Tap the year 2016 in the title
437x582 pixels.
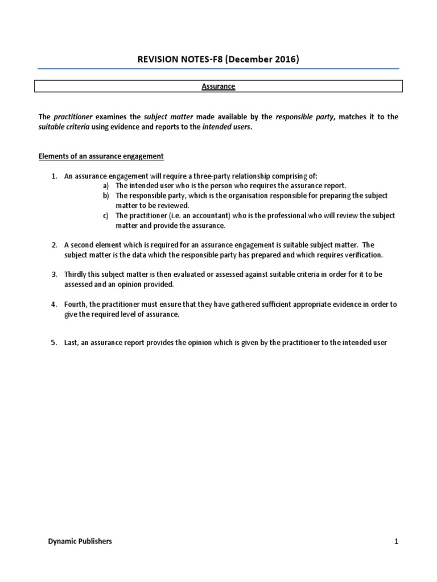pos(283,59)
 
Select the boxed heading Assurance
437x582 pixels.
pos(218,86)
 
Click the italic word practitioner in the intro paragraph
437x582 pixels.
pos(73,117)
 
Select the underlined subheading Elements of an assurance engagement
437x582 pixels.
pos(101,156)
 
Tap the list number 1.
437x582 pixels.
pos(54,176)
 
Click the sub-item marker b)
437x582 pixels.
pos(106,196)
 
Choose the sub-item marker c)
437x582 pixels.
pos(106,216)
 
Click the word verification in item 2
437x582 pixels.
pos(365,255)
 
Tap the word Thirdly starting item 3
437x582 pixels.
pos(77,275)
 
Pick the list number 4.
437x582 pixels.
pos(54,305)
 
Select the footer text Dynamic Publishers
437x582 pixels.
pos(80,542)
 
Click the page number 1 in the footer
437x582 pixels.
pos(397,542)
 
